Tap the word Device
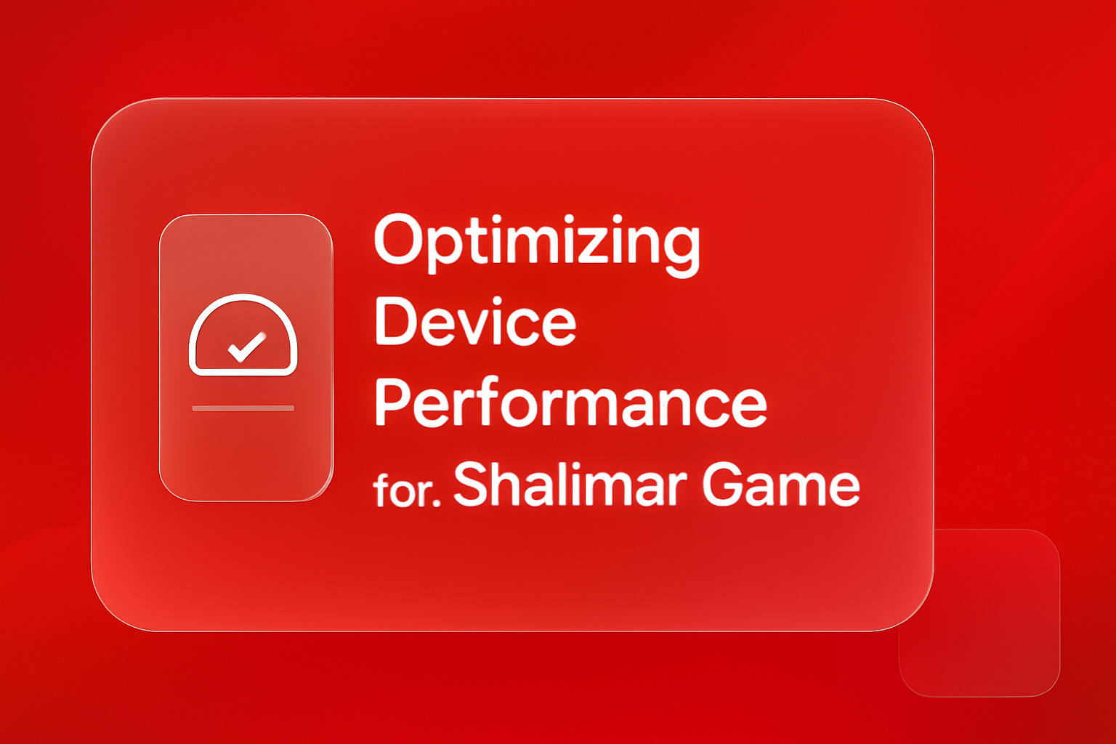click(475, 323)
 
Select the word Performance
click(570, 403)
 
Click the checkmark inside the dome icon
click(246, 347)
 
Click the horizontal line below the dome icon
click(243, 408)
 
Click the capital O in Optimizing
click(398, 240)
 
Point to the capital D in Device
click(397, 323)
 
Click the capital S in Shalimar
click(473, 484)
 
